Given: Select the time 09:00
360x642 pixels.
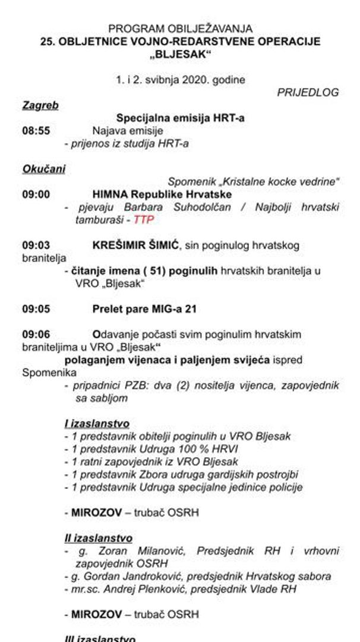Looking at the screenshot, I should (36, 194).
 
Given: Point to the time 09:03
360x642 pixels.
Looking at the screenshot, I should (36, 245).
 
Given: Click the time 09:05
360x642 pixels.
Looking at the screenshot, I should (36, 309).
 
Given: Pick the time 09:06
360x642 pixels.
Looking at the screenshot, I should (36, 335).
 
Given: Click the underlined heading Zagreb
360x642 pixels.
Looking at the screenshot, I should (40, 105).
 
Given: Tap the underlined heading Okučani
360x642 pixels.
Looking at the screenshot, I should (44, 169).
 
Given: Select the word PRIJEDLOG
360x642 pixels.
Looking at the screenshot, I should (308, 92).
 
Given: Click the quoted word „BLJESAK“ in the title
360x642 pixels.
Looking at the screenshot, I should (180, 54).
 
